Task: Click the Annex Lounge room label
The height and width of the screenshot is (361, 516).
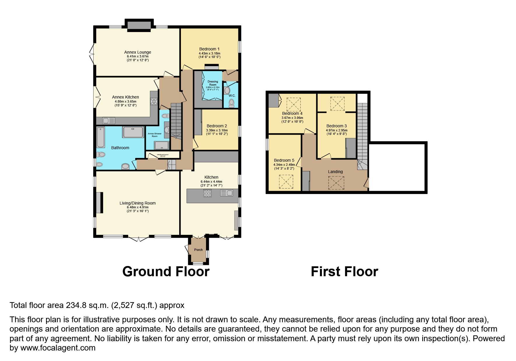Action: click(x=138, y=52)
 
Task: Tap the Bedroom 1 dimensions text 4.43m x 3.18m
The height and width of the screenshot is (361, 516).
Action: click(x=209, y=53)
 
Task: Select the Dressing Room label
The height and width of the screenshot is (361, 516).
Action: click(x=213, y=83)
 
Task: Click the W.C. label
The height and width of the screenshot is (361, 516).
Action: click(x=232, y=96)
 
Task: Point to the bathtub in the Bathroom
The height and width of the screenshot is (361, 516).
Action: click(x=101, y=137)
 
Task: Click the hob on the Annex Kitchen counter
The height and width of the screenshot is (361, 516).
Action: click(x=154, y=101)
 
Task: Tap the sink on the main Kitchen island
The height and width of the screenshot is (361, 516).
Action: click(x=227, y=193)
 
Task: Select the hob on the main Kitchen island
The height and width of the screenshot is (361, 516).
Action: click(x=207, y=193)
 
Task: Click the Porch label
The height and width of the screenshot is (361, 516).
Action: click(x=198, y=250)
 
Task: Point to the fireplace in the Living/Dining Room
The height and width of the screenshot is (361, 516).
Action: click(x=99, y=202)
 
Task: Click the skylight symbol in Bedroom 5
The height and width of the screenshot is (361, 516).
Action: click(x=286, y=182)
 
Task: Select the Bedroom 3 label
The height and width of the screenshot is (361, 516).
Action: click(x=337, y=126)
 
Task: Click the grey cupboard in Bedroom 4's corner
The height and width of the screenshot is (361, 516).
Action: click(x=274, y=100)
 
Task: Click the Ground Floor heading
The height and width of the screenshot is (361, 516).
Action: click(x=166, y=272)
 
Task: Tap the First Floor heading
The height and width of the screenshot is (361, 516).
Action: click(x=344, y=272)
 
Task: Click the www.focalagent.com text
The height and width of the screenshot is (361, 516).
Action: click(x=58, y=348)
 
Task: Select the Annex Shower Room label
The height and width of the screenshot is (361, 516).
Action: click(x=154, y=135)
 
